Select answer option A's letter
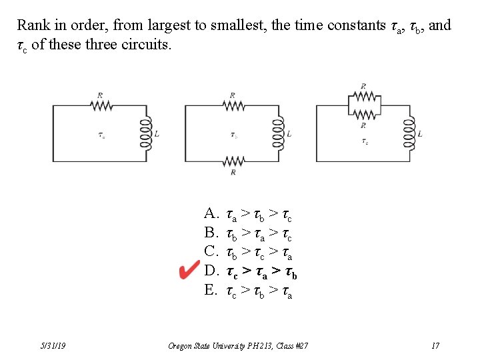coord(211,214)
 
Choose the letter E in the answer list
coord(211,290)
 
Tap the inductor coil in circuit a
coord(145,133)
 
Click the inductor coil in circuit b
coord(277,133)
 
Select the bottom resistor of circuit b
coord(233,161)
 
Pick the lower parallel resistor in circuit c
coord(363,114)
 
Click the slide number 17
coord(435,345)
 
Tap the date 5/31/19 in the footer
coord(52,345)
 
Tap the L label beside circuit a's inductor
coord(157,134)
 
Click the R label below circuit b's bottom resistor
coord(233,173)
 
